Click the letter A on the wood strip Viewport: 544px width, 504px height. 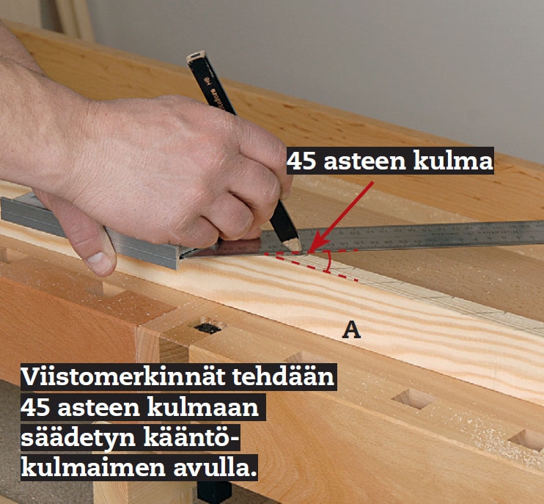coord(352,331)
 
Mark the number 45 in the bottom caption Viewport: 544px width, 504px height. coord(38,408)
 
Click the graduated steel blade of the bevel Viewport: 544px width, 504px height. coord(440,235)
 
